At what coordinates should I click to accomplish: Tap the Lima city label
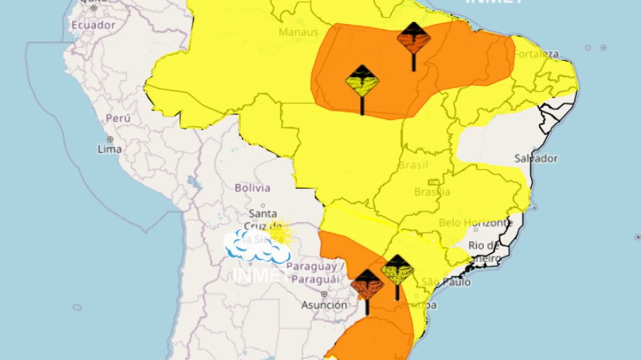click(x=110, y=149)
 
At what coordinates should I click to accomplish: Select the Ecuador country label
click(x=92, y=25)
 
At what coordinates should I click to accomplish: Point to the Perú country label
click(x=117, y=118)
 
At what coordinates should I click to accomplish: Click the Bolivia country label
click(x=252, y=187)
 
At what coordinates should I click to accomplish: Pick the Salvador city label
click(x=536, y=158)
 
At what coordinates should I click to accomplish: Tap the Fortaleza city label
click(x=536, y=54)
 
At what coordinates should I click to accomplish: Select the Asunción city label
click(x=324, y=306)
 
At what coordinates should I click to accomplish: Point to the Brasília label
click(x=432, y=192)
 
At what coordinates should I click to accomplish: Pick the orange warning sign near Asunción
click(x=367, y=284)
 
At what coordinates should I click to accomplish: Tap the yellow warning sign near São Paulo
click(x=397, y=269)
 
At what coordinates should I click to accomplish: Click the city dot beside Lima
click(x=110, y=139)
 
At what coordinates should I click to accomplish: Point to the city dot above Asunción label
click(x=324, y=294)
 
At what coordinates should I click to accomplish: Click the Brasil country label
click(x=414, y=164)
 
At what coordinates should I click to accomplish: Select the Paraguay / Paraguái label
click(x=317, y=272)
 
